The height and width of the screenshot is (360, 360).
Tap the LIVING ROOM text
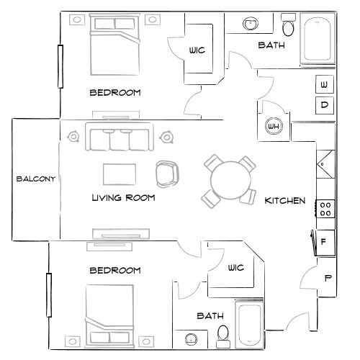(124, 197)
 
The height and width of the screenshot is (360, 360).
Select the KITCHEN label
(285, 200)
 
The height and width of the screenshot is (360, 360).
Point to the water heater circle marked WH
(274, 127)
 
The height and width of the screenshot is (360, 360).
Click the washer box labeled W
(325, 86)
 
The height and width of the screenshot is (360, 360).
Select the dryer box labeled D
(325, 106)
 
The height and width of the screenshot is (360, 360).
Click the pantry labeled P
(328, 278)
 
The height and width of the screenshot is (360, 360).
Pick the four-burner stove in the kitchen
(325, 209)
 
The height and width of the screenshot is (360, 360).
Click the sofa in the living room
(120, 138)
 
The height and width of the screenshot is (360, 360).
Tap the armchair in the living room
(167, 173)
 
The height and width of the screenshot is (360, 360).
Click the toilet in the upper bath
(288, 28)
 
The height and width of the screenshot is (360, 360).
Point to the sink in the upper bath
(251, 24)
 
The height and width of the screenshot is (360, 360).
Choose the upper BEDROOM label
(114, 92)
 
